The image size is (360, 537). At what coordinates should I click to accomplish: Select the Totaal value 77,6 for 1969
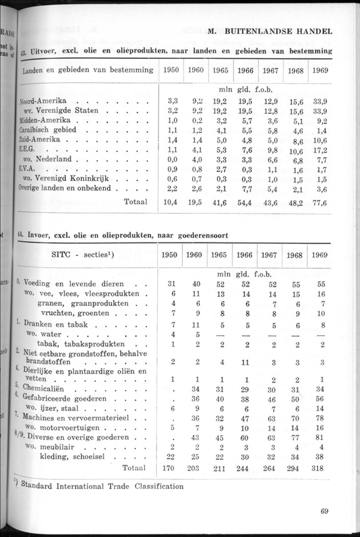coord(319,202)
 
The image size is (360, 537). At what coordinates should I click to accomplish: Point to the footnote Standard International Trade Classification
coord(103,487)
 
